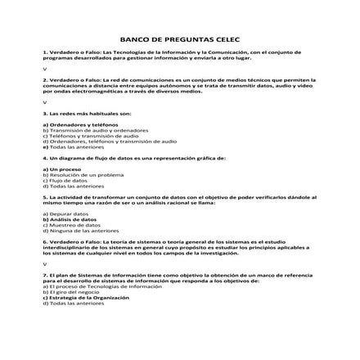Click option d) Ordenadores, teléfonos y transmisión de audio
pyautogui.click(x=103, y=139)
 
